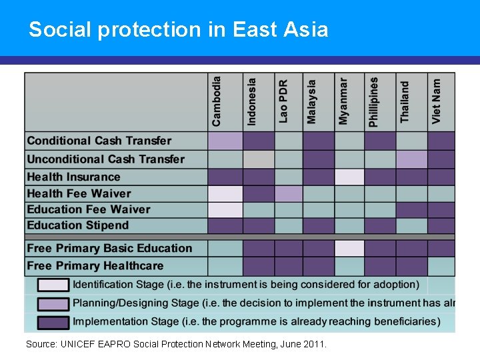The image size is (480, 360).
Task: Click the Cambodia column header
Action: click(217, 101)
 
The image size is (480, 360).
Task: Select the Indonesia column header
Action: click(251, 101)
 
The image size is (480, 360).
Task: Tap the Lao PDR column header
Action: click(283, 101)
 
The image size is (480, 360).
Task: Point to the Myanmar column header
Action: click(343, 101)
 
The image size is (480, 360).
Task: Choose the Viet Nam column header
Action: click(437, 101)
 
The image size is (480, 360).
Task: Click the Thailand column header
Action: click(405, 101)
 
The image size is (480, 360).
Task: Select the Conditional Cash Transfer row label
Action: click(99, 141)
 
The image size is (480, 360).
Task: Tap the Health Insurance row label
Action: click(73, 177)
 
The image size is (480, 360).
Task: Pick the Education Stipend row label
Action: click(77, 225)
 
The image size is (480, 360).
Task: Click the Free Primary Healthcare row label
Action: click(95, 266)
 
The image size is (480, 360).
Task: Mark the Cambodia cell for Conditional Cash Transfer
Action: click(225, 141)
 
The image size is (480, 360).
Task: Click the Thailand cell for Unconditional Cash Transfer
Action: click(411, 159)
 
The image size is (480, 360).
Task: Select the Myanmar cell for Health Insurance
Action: click(349, 177)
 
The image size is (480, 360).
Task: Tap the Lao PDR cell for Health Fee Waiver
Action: click(288, 193)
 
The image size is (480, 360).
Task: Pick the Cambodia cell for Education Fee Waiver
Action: click(225, 209)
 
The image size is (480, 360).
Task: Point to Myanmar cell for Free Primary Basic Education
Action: click(349, 249)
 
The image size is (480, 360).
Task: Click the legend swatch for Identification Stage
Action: click(53, 285)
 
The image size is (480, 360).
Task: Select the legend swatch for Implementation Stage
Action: click(53, 322)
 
